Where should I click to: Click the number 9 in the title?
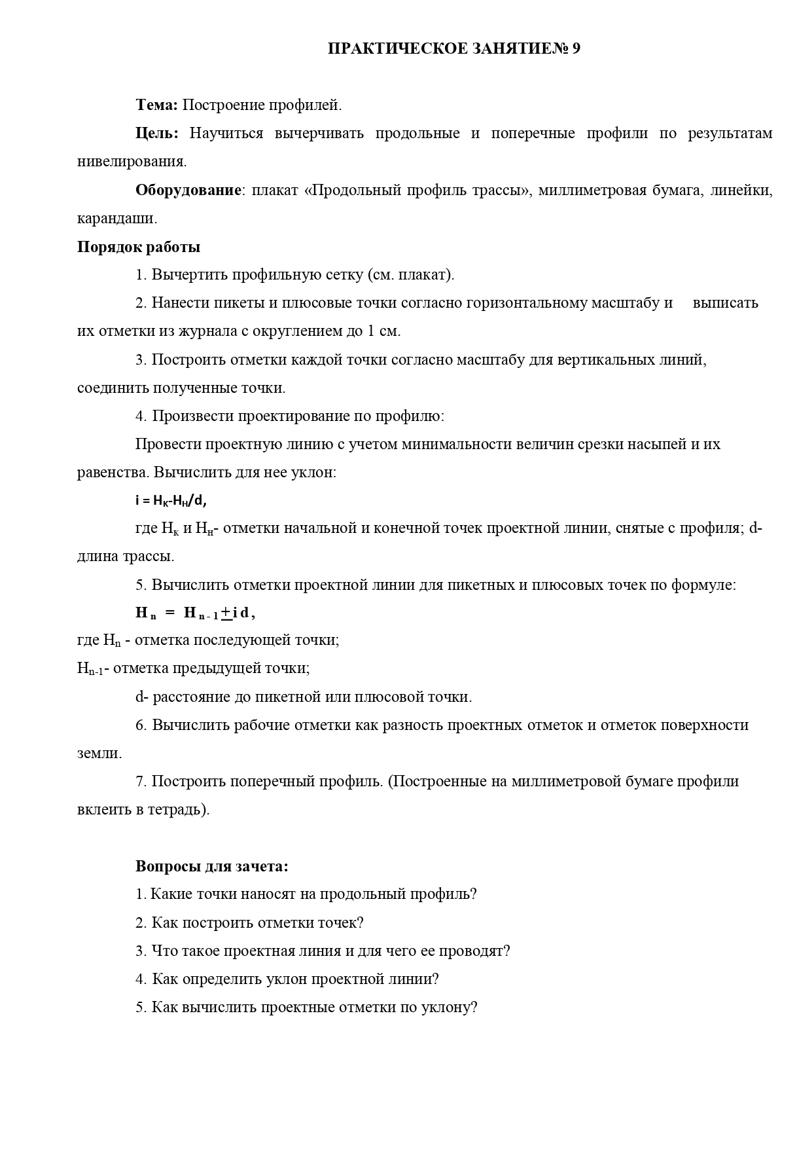coord(575,49)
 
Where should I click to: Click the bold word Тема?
coord(156,105)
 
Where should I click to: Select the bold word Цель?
coord(157,134)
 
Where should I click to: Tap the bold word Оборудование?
coord(188,191)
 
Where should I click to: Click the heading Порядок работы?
coord(139,247)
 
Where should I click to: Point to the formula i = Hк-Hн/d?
coord(171,501)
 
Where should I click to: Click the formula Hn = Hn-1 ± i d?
coord(195,613)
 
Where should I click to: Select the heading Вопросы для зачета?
coord(211,866)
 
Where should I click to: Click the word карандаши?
coord(117,219)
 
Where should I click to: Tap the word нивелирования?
coord(132,162)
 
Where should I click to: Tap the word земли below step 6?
coord(99,754)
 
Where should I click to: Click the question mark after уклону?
coord(474,1008)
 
